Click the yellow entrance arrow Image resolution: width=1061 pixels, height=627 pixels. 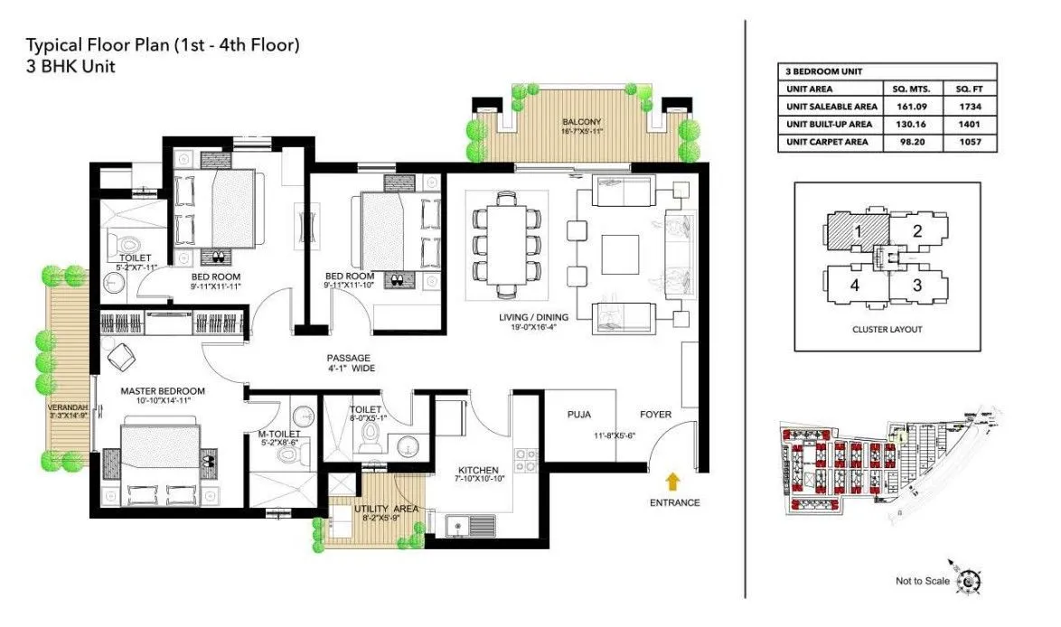pyautogui.click(x=672, y=479)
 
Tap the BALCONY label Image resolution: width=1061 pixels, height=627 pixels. pyautogui.click(x=581, y=122)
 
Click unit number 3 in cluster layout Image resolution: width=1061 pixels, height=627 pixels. pyautogui.click(x=916, y=286)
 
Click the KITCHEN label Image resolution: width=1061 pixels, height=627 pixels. pyautogui.click(x=478, y=471)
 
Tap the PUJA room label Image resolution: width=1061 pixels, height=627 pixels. pyautogui.click(x=578, y=415)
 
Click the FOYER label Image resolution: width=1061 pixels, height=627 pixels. pyautogui.click(x=655, y=415)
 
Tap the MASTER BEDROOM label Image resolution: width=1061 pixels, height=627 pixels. pyautogui.click(x=164, y=391)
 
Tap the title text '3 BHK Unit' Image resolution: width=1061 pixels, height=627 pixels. pyautogui.click(x=70, y=66)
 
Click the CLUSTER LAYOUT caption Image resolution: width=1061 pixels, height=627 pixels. pyautogui.click(x=887, y=330)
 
